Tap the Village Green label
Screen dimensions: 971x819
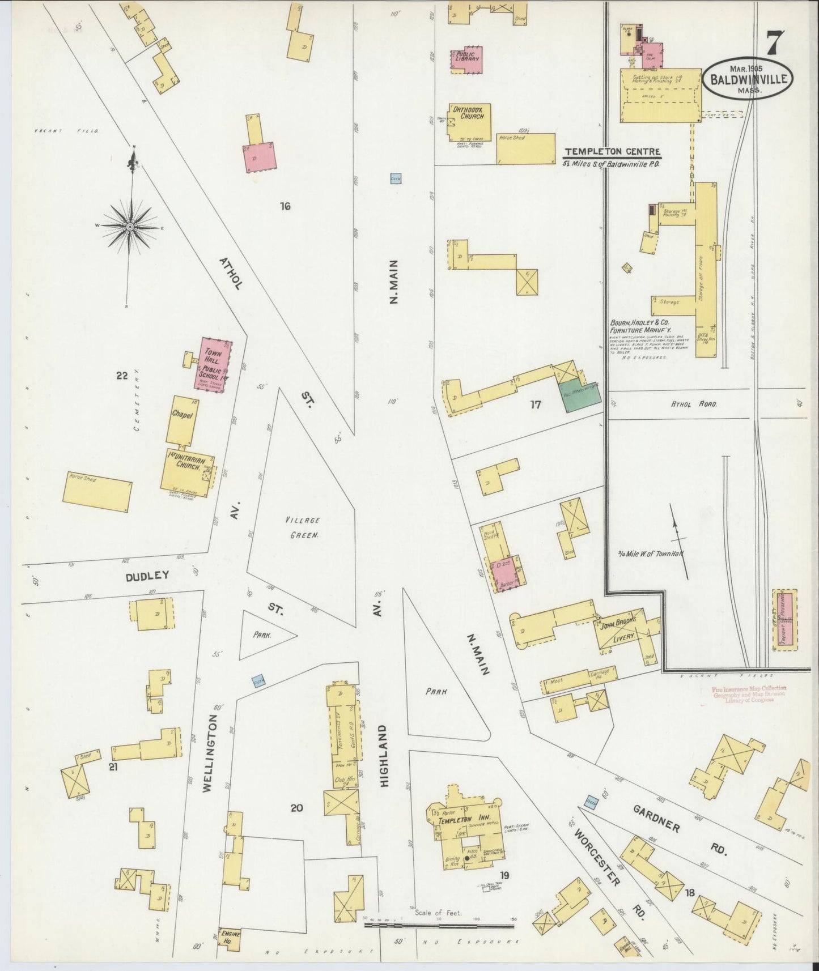coord(302,526)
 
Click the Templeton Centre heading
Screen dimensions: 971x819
coord(612,151)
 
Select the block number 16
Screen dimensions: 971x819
coord(285,206)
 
